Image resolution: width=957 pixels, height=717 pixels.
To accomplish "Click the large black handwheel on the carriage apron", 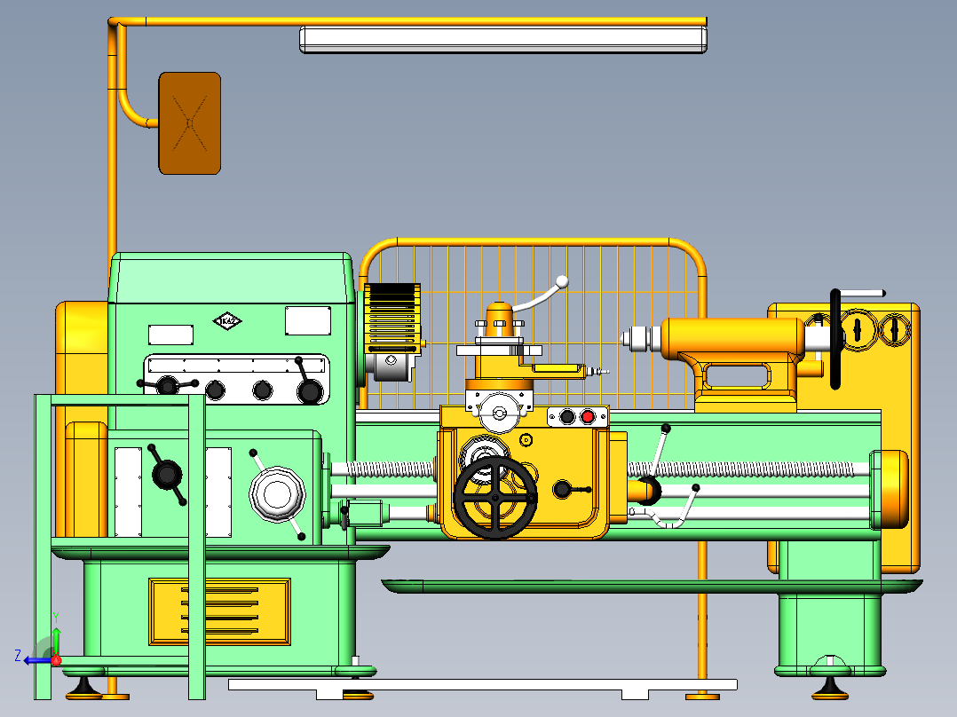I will (x=494, y=498).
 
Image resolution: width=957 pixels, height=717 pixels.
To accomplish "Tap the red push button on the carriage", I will (x=586, y=417).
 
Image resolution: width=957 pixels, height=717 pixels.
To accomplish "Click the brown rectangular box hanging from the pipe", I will (x=189, y=123).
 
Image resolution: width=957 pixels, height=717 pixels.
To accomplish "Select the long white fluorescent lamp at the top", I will (x=502, y=40).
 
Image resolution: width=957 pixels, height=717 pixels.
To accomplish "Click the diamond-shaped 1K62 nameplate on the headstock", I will (x=226, y=320).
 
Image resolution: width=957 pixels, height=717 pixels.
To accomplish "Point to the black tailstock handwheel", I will (x=835, y=338).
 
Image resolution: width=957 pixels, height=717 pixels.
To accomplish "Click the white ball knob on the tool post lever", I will (x=561, y=282).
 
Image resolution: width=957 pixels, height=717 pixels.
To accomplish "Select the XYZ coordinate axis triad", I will (x=43, y=652).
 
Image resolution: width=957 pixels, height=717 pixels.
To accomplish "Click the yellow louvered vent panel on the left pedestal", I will (x=219, y=611).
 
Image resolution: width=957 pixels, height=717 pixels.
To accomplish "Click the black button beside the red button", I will (x=566, y=417).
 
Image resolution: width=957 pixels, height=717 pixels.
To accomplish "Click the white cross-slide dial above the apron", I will (x=499, y=413).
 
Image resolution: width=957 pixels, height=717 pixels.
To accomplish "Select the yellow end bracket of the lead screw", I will (x=890, y=489).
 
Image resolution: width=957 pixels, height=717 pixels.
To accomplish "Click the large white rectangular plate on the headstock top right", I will (x=308, y=320).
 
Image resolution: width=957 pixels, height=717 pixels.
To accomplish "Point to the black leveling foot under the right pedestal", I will (x=829, y=684).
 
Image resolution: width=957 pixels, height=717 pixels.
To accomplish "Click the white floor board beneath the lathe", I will (x=482, y=685).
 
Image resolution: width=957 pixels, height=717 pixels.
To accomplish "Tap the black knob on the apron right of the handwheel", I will (x=563, y=489).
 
